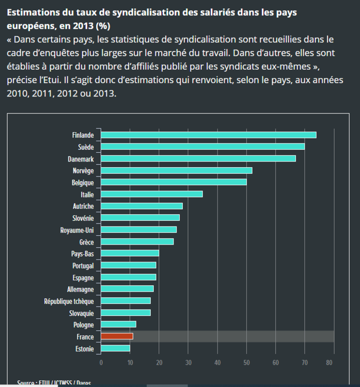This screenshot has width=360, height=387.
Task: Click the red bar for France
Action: [117, 336]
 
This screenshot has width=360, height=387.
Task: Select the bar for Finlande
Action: [208, 135]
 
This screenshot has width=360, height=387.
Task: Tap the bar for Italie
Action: [151, 194]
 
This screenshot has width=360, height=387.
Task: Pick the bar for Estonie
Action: [115, 348]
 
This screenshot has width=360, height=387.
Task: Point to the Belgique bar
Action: [174, 182]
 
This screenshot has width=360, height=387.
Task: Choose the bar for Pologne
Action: [118, 324]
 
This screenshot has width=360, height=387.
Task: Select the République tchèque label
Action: [69, 301]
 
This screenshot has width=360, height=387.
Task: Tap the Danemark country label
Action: [81, 158]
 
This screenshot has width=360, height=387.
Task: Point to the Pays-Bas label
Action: [82, 253]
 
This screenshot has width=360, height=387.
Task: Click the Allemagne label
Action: [81, 289]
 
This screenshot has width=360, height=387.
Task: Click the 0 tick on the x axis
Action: [101, 362]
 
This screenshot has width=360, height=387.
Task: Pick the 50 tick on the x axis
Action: [247, 362]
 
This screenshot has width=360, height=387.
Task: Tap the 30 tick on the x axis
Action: [189, 362]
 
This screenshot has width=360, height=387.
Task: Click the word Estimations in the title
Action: [34, 11]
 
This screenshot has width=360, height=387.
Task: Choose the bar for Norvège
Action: [176, 170]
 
